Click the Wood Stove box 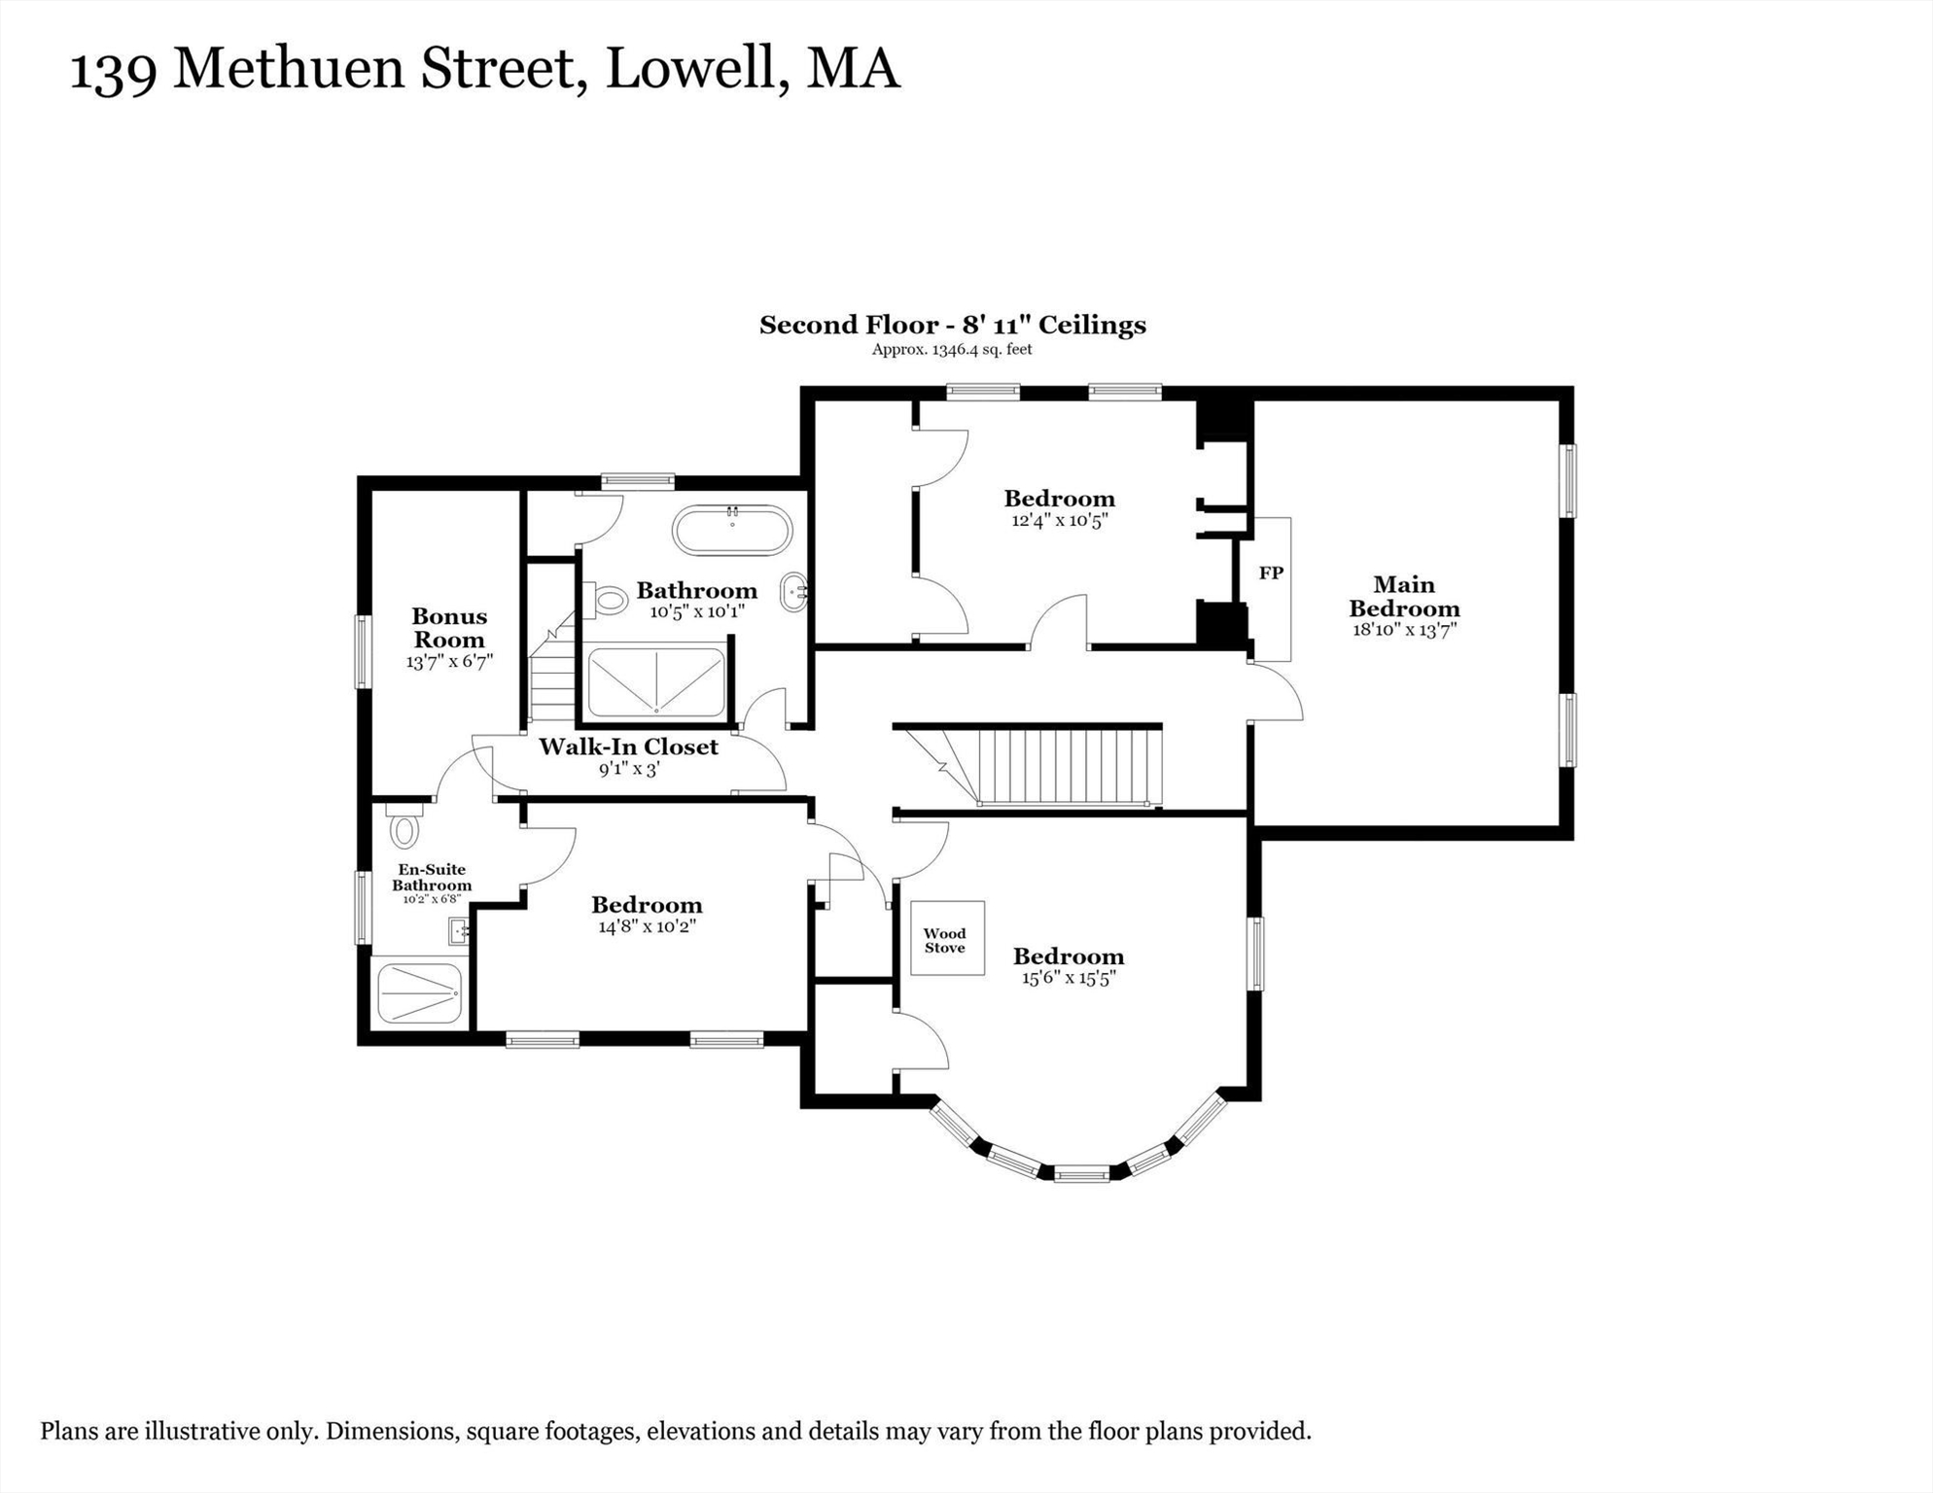pos(947,938)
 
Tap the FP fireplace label pos(1271,573)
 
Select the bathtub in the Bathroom pos(732,531)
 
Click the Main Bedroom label pos(1404,596)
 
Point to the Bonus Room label pos(449,627)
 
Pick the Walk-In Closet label pos(628,746)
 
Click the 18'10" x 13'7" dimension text pos(1404,630)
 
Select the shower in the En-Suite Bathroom pos(419,992)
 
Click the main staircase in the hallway pos(1029,765)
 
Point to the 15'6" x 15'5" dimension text pos(1069,978)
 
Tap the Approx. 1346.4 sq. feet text pos(952,350)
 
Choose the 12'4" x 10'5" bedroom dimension pos(1060,520)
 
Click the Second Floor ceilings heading pos(953,325)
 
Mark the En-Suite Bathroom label pos(432,877)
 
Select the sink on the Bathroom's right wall pos(794,592)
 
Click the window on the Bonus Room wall pos(363,651)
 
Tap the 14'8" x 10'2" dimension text pos(647,926)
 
